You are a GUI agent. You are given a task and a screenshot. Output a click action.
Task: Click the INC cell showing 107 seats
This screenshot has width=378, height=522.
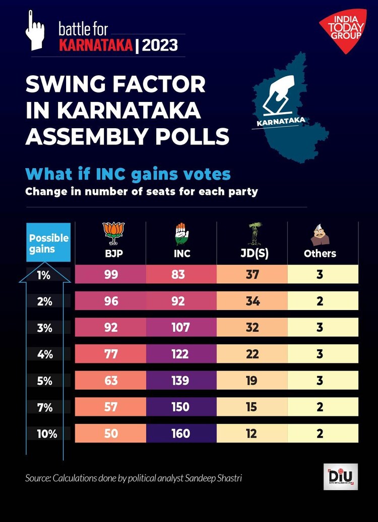tap(181, 327)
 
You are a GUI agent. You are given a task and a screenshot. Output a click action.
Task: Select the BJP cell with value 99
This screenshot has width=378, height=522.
tap(111, 275)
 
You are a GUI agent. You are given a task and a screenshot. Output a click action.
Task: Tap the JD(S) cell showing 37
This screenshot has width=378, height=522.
tap(252, 275)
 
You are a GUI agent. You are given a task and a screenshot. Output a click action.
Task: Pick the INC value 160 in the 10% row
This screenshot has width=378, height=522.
tap(181, 433)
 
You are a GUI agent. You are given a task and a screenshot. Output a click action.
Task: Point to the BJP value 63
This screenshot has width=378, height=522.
tap(111, 380)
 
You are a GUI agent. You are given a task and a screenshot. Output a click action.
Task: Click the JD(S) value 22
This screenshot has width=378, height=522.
tap(252, 354)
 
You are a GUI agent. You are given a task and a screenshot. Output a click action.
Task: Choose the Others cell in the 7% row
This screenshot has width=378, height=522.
tap(323, 407)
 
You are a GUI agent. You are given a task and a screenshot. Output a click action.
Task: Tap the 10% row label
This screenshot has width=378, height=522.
tap(47, 433)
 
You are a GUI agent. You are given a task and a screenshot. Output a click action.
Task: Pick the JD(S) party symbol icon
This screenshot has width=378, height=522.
tap(252, 232)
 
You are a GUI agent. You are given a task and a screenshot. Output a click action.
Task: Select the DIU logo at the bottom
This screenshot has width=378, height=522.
tap(340, 477)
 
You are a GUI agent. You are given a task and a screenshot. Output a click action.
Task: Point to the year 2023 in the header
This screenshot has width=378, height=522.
tap(160, 45)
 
